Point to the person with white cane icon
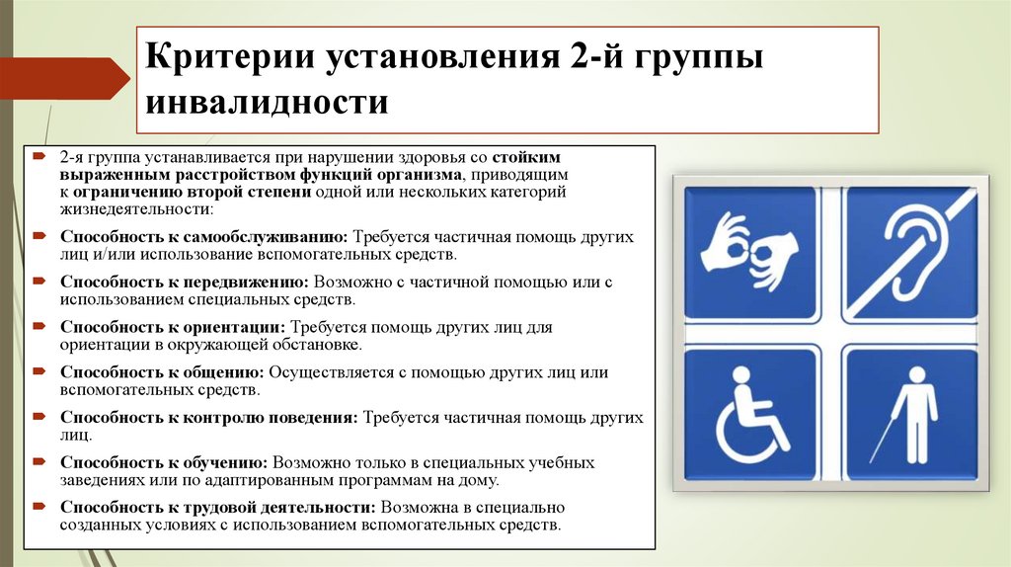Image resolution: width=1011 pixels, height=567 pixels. coord(911,412)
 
